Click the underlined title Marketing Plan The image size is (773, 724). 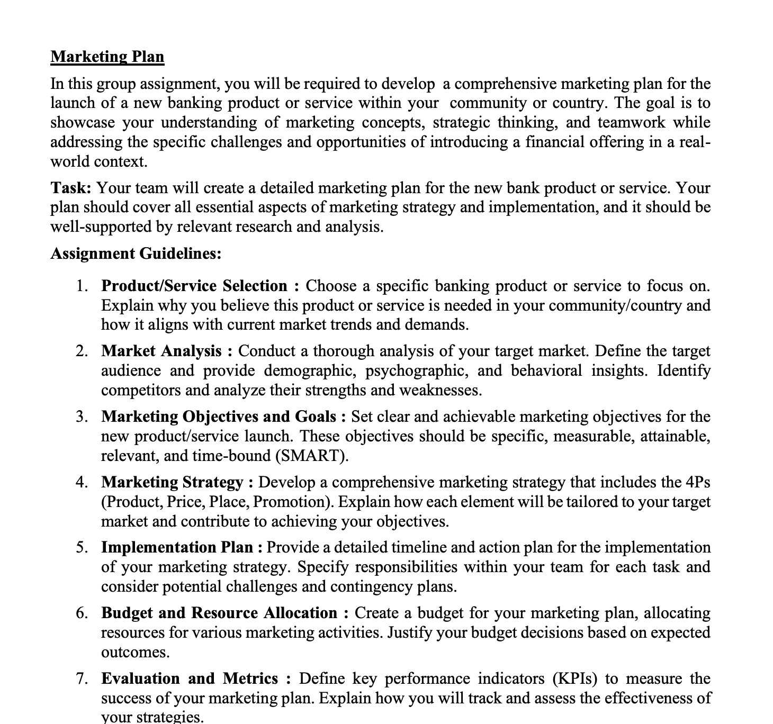coord(107,57)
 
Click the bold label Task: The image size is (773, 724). coord(71,188)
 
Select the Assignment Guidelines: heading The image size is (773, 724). coord(136,254)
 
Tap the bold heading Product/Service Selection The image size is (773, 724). coord(194,286)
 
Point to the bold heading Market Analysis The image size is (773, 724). coord(161,351)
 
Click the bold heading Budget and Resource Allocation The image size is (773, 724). coord(219,613)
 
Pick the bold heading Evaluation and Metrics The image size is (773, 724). coord(189,678)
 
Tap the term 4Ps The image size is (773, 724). coord(697,482)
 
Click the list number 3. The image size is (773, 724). coord(81,417)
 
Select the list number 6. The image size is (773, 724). coord(81,613)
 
